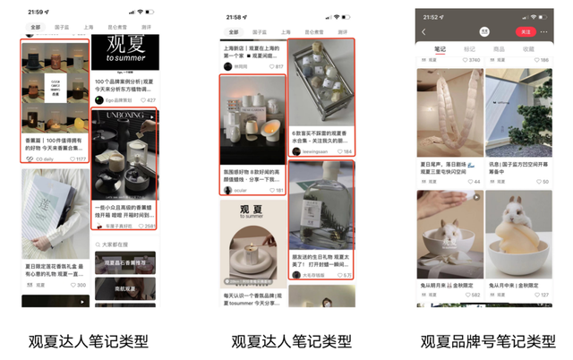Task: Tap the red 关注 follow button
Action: [526, 32]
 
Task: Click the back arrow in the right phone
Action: [423, 32]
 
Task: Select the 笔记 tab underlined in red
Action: [440, 49]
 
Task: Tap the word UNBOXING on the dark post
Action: [124, 116]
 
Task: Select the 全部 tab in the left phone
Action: [34, 28]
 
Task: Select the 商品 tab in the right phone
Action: [499, 49]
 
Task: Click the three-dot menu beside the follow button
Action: [545, 32]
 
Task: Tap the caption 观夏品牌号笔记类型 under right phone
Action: [488, 341]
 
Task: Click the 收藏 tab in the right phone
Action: [528, 49]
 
